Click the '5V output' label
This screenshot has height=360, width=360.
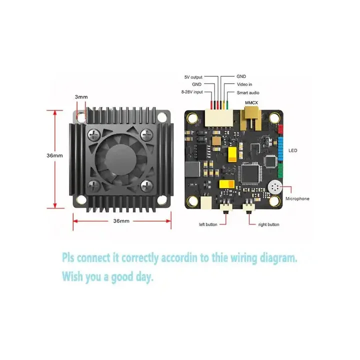pyautogui.click(x=193, y=77)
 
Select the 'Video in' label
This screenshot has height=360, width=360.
pyautogui.click(x=244, y=84)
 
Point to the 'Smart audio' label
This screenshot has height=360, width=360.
pyautogui.click(x=247, y=92)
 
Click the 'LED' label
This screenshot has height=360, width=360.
pyautogui.click(x=293, y=150)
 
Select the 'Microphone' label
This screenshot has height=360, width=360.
pyautogui.click(x=297, y=198)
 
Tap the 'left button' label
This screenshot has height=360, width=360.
pyautogui.click(x=208, y=224)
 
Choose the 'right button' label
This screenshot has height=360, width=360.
pyautogui.click(x=268, y=224)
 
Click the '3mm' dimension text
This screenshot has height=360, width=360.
pyautogui.click(x=81, y=96)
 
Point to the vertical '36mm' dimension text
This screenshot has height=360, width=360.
pyautogui.click(x=54, y=155)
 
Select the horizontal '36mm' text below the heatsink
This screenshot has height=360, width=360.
pyautogui.click(x=121, y=220)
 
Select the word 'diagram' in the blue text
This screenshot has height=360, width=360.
pyautogui.click(x=277, y=258)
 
